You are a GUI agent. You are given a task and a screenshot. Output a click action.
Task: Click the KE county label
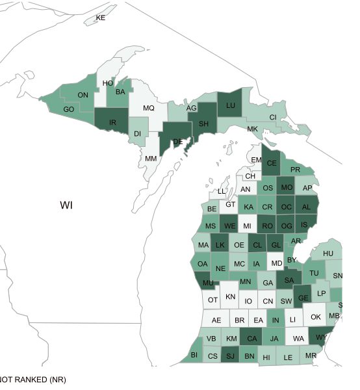click(x=101, y=18)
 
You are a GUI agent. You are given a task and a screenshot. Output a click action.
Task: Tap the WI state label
click(x=66, y=205)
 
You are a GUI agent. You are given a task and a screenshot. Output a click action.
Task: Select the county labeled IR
click(x=112, y=122)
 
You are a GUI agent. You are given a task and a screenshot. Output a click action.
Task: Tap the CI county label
click(x=273, y=117)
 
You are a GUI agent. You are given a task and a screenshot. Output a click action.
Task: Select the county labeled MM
click(x=151, y=159)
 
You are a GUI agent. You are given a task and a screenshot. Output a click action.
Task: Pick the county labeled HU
click(x=328, y=253)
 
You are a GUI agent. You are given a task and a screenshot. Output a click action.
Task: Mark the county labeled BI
click(x=194, y=355)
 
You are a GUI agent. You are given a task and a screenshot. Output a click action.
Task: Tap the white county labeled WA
click(x=299, y=339)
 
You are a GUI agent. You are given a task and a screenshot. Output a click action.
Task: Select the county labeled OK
click(x=316, y=317)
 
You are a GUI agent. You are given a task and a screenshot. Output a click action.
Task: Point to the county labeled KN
click(x=231, y=296)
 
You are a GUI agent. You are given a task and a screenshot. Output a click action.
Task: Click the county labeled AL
click(x=306, y=207)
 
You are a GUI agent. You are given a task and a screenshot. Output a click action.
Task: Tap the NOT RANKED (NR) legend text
click(x=32, y=379)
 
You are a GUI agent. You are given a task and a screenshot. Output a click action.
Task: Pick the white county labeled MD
click(x=276, y=263)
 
